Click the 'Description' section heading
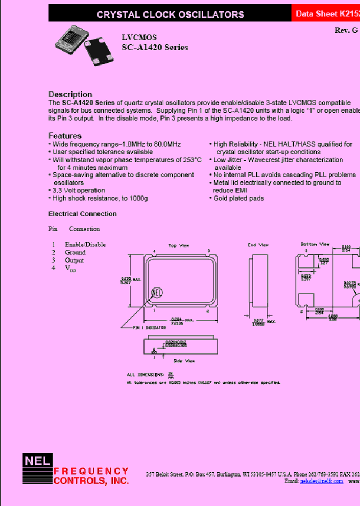click(x=70, y=94)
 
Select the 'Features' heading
click(x=65, y=135)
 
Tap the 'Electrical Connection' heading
click(x=82, y=213)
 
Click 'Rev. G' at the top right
click(x=346, y=30)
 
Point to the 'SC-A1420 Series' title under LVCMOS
click(x=155, y=47)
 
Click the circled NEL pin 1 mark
click(x=157, y=292)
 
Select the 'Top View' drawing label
click(x=179, y=245)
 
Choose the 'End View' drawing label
click(x=258, y=244)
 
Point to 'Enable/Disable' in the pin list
click(x=85, y=244)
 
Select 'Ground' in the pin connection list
click(x=75, y=252)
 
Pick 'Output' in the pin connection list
click(x=74, y=260)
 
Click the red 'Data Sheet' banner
click(x=325, y=14)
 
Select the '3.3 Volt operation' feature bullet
click(x=78, y=190)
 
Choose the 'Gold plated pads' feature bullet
click(x=238, y=198)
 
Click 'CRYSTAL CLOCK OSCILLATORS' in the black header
click(x=170, y=14)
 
